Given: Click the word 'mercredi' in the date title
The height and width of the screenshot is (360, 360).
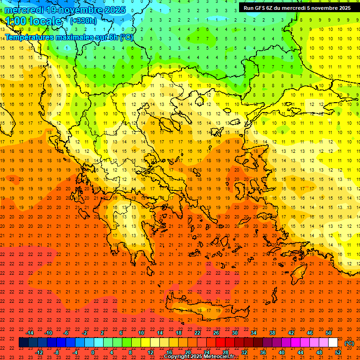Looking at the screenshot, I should (23, 10).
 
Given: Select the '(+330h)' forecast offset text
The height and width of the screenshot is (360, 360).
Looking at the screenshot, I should (83, 21).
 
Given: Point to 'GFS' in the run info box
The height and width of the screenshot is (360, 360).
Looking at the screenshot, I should (260, 8).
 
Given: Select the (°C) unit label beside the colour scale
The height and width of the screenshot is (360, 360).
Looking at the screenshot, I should (349, 343).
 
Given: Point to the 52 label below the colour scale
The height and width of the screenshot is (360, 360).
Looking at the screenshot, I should (338, 352).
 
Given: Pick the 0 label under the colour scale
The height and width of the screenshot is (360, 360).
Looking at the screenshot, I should (93, 352).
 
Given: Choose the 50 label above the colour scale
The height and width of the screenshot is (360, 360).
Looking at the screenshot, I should (329, 333).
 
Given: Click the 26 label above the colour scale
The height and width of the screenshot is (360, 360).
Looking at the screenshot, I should (216, 333).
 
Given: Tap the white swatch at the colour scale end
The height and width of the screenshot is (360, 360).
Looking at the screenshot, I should (333, 343).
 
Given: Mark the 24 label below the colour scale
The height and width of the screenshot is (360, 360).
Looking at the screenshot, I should (206, 352).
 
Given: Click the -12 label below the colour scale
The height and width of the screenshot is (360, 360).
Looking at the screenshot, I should (39, 352).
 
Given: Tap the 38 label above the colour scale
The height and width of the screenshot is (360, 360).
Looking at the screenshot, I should (272, 333).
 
